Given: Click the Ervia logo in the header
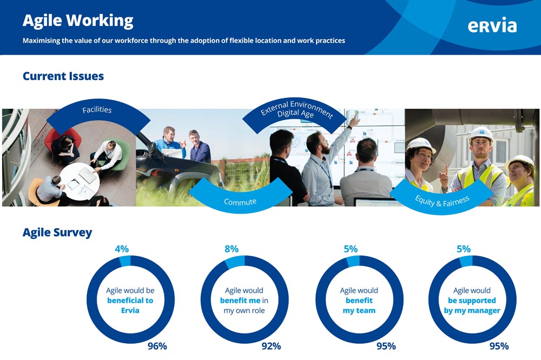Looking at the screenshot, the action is click(x=492, y=25).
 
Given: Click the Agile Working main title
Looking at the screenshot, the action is click(x=78, y=21).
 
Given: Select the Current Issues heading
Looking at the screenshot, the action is click(x=63, y=76).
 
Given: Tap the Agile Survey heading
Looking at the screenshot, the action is click(x=57, y=233).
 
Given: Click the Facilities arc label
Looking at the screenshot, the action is click(x=97, y=110).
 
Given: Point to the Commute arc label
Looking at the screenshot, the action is click(x=240, y=201).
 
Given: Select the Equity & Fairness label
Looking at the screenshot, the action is click(x=442, y=201).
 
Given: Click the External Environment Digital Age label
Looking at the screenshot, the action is click(x=296, y=110).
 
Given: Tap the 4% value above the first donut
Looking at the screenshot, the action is click(x=122, y=249).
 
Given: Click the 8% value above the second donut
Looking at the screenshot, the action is click(x=232, y=249).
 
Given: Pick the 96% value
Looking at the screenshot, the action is click(x=157, y=346).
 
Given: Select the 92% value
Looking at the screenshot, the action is click(x=271, y=346).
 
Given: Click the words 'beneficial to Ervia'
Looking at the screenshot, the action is click(x=130, y=305).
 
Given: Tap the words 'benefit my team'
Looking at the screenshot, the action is click(x=359, y=305).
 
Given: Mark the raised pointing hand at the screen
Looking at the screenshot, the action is click(x=354, y=119).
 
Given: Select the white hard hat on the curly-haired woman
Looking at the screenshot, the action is click(x=421, y=145).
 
